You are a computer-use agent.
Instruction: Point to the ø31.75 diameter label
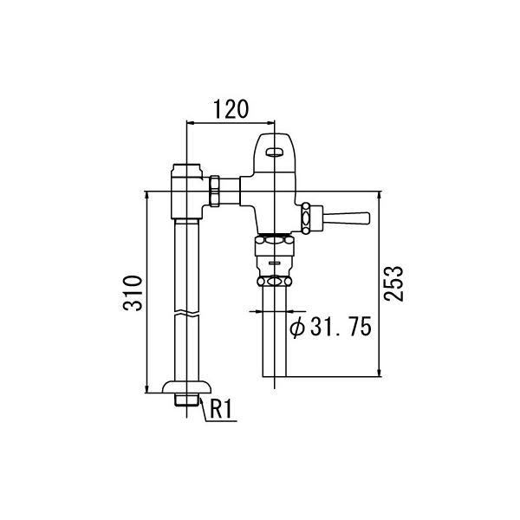click(x=329, y=327)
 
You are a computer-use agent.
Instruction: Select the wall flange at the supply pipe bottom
click(x=186, y=387)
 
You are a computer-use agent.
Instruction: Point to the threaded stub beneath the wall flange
click(x=187, y=401)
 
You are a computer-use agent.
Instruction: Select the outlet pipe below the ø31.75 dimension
click(x=274, y=347)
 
